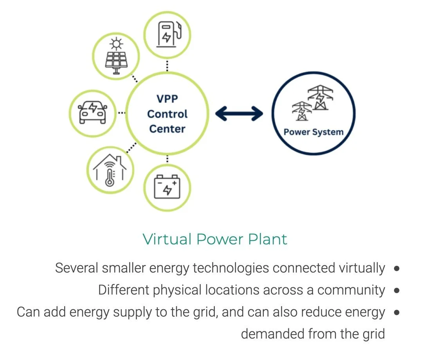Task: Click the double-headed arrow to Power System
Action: [239, 114]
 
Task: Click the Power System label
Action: [313, 132]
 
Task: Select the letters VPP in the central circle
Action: [167, 99]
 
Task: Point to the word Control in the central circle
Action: [167, 114]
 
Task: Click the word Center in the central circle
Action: [167, 129]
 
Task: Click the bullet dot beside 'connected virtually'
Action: [397, 269]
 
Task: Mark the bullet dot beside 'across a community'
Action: [397, 290]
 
